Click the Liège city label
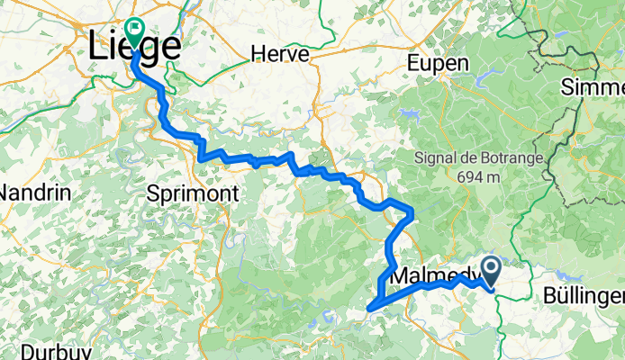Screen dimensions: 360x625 click(135, 49)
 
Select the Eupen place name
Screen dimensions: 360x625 click(438, 63)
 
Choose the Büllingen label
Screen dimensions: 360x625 click(584, 295)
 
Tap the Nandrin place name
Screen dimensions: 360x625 click(29, 193)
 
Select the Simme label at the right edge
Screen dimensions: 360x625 click(593, 87)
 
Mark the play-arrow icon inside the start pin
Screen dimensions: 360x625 click(492, 266)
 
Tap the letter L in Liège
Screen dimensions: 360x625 click(99, 49)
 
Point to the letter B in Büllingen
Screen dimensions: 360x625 click(550, 295)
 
